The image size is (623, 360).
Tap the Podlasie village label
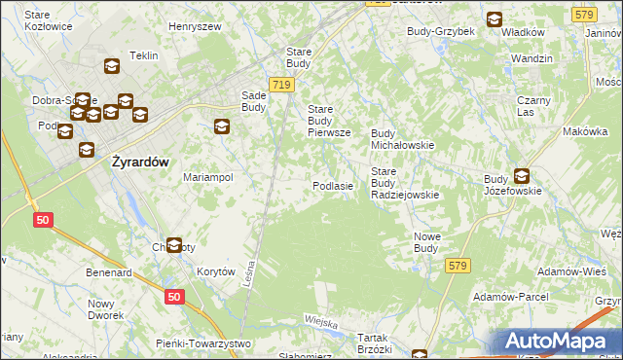pos(332,186)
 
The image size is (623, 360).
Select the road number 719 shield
pos(281,85)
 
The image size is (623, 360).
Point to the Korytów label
pos(216,272)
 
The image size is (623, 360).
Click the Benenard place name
pos(108,273)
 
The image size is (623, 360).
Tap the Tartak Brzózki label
pos(374,342)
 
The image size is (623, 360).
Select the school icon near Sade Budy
pos(222,126)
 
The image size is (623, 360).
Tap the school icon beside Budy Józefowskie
pos(522,176)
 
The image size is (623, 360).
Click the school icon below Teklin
pos(111,67)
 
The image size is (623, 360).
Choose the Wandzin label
pos(531,58)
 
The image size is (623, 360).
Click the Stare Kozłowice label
pos(49,20)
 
